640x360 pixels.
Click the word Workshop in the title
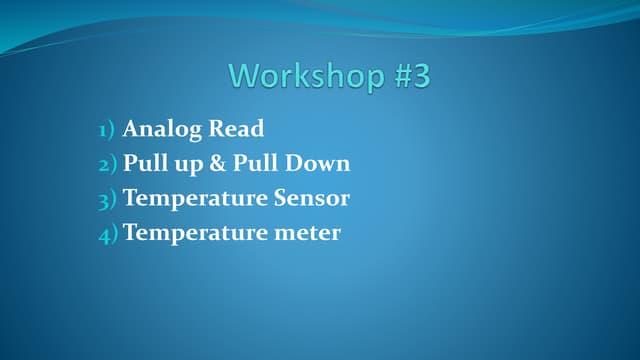point(303,76)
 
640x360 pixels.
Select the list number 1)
point(107,130)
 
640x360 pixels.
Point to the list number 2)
point(107,164)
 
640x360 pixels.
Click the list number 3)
point(107,199)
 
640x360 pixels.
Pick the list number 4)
point(107,234)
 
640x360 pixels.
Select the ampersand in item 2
point(218,164)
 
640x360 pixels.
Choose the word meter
point(307,233)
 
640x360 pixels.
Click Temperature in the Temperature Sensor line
point(195,198)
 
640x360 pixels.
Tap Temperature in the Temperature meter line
point(195,233)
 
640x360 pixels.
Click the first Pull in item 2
point(144,164)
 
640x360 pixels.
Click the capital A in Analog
point(131,129)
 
